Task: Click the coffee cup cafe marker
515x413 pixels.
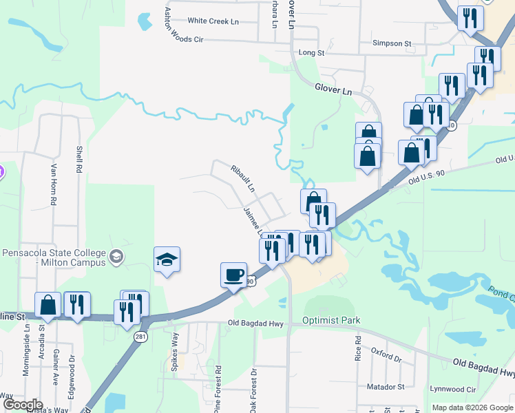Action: click(x=234, y=275)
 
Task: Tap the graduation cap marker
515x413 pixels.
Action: click(x=167, y=260)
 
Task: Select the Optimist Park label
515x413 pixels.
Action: click(x=331, y=321)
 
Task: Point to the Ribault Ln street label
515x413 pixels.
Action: click(x=243, y=178)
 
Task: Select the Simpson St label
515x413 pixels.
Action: click(x=391, y=43)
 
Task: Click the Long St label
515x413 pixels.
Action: click(x=311, y=52)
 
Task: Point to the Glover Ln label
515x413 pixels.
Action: click(x=333, y=89)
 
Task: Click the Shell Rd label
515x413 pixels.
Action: click(x=80, y=159)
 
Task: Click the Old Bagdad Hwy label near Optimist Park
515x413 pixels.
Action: click(x=256, y=323)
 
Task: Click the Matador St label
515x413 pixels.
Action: click(x=386, y=388)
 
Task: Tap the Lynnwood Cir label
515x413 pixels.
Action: click(x=452, y=389)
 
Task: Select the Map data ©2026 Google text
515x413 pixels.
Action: click(x=472, y=407)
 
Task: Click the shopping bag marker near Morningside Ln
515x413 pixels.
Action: click(x=48, y=305)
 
